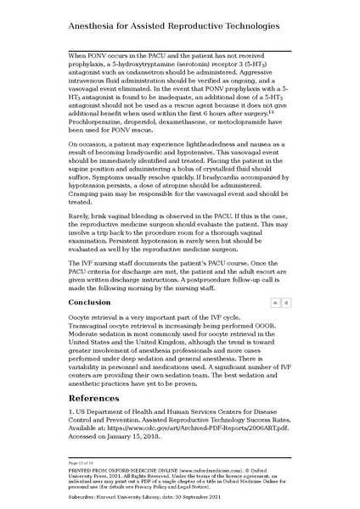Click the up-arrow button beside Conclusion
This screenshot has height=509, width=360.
[x=275, y=302]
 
